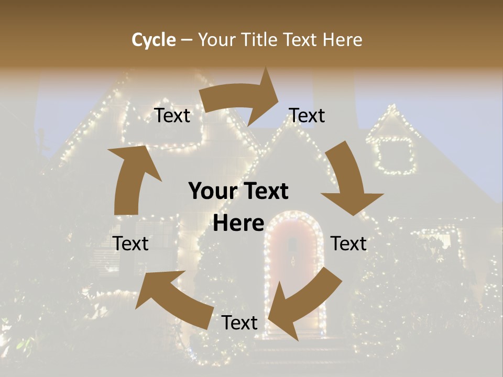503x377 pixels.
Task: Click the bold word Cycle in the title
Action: tap(154, 40)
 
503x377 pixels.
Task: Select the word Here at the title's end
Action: tap(342, 40)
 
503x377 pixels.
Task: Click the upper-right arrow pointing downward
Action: tap(349, 178)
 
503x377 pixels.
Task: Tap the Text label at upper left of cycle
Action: tap(172, 116)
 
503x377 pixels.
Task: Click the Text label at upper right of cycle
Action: tap(307, 116)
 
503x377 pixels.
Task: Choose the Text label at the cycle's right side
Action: tap(348, 244)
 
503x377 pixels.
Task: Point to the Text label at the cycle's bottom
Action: tap(239, 323)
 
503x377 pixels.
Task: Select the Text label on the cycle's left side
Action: tap(130, 244)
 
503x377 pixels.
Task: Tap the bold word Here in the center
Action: tap(238, 224)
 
